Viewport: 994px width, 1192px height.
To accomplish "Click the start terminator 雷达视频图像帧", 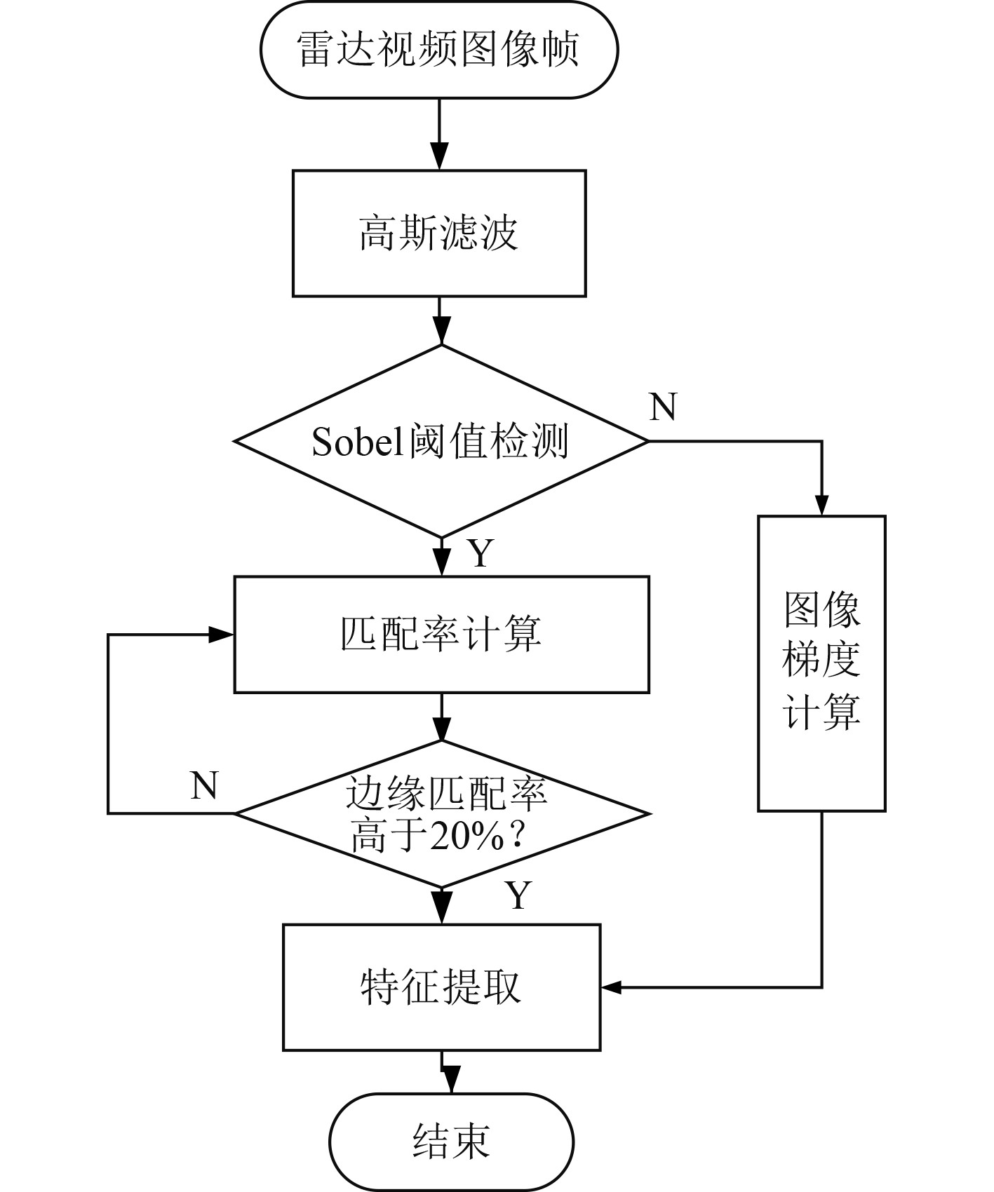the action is pos(439,50).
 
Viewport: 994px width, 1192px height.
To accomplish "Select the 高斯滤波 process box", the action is pos(439,233).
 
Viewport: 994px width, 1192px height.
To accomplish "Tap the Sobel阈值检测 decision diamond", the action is pos(441,442).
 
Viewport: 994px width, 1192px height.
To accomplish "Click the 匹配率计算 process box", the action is pos(441,635).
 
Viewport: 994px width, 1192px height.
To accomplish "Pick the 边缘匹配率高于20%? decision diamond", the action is pos(441,813).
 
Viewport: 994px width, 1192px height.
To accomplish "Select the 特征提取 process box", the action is pos(441,987).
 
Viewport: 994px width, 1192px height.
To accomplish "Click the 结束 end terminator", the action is pos(452,1142).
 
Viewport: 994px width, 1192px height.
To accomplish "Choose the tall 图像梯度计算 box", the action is pos(821,663).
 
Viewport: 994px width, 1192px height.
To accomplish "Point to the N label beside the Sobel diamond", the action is pos(663,406).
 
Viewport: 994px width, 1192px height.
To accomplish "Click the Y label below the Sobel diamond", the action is pos(481,553).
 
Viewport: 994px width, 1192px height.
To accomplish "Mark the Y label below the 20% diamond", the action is pos(518,895).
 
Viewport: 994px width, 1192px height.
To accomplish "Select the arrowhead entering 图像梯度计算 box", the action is pos(821,503).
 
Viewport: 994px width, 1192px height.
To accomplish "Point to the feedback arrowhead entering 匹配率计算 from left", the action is pos(221,635).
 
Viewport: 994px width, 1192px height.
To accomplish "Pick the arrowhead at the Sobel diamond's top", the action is pos(441,332).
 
